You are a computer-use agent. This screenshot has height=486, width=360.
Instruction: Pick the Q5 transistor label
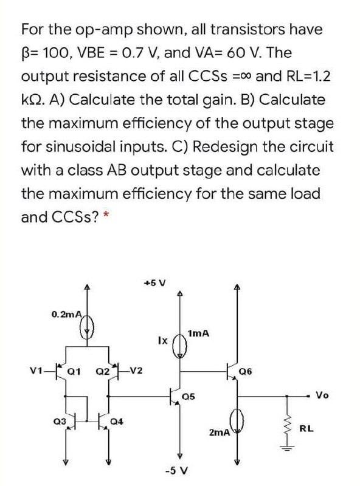tap(191, 397)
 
